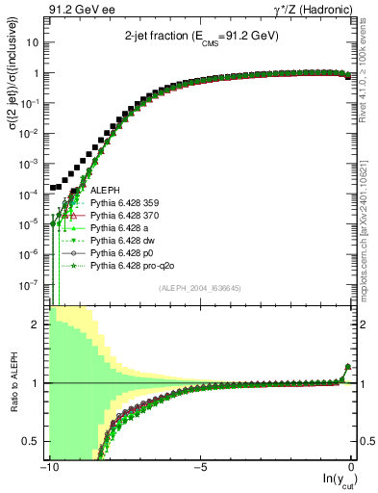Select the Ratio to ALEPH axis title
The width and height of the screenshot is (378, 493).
click(x=14, y=383)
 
